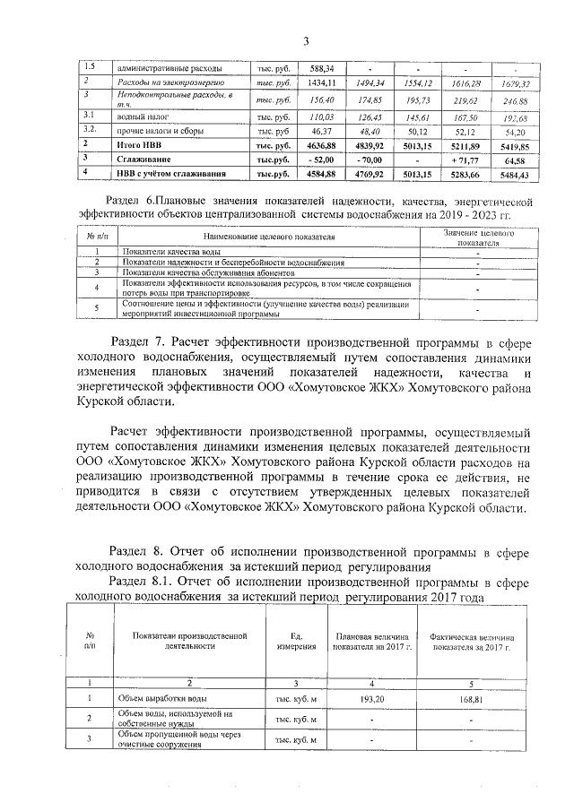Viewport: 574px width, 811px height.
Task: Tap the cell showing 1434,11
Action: (321, 83)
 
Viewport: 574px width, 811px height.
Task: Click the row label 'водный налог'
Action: (145, 116)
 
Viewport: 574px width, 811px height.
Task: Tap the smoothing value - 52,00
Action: (321, 159)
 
